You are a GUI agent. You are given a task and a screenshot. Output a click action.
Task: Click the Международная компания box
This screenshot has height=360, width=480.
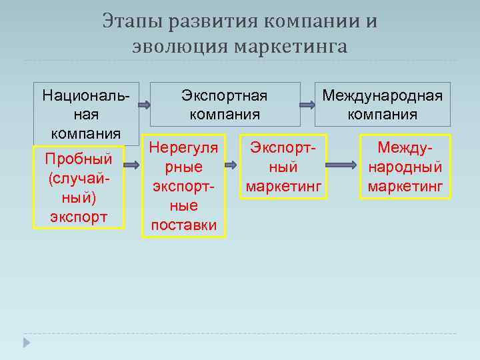click(382, 104)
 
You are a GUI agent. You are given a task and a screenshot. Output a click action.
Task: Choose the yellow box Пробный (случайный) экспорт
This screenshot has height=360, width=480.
click(79, 188)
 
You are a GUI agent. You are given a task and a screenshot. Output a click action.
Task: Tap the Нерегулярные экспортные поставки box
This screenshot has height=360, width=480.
click(184, 186)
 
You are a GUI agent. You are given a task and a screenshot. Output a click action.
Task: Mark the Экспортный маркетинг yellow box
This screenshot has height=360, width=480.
click(283, 167)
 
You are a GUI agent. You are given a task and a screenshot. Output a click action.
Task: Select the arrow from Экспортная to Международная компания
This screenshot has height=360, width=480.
click(307, 105)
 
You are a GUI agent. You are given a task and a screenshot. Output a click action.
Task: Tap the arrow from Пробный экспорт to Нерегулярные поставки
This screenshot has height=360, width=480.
click(133, 164)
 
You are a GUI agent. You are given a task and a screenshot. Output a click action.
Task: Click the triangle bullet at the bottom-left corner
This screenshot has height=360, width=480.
click(27, 342)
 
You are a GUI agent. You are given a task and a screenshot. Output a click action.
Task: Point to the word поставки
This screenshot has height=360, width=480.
click(184, 225)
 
